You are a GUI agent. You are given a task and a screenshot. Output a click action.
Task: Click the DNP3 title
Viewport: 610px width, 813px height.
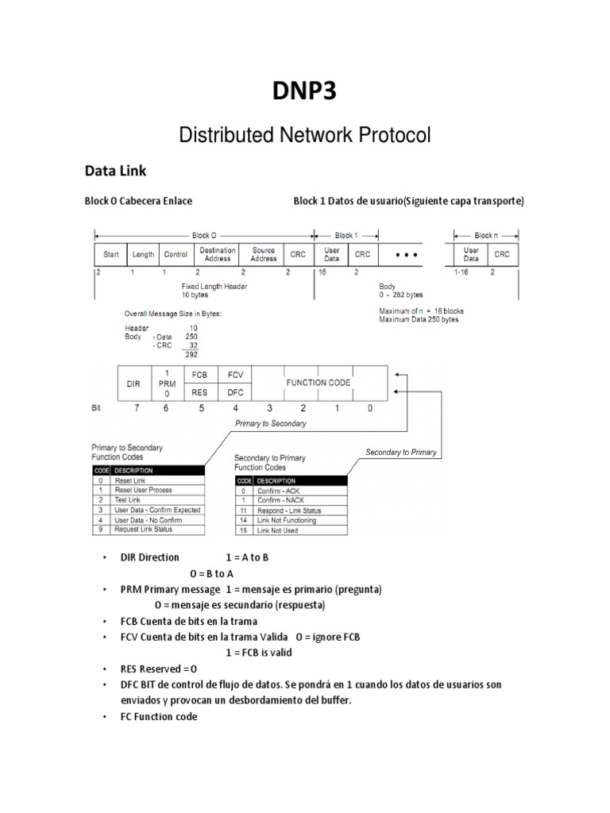tap(305, 91)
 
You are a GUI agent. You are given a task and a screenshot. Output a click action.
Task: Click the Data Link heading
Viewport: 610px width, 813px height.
tap(116, 170)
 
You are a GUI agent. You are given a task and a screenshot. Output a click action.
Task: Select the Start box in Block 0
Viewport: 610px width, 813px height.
tap(111, 254)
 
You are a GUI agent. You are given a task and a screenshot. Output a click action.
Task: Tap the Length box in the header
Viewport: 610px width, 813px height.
tap(143, 254)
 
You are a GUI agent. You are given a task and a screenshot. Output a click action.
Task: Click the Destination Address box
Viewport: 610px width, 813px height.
tap(217, 254)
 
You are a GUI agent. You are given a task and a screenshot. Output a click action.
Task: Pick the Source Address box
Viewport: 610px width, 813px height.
tap(264, 254)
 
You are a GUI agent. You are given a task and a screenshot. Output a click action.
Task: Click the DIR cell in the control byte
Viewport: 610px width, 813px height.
tap(133, 383)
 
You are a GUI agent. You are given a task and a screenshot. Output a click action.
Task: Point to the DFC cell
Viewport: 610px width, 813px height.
tap(235, 392)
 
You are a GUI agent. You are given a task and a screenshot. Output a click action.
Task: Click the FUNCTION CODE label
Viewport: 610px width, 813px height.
tap(318, 383)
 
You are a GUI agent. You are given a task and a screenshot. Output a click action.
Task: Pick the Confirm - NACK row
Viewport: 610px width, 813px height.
tap(291, 501)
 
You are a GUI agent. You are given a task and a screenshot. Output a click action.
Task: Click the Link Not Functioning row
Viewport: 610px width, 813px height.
tap(291, 520)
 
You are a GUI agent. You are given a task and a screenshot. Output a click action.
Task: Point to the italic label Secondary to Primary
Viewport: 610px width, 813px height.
tap(401, 452)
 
